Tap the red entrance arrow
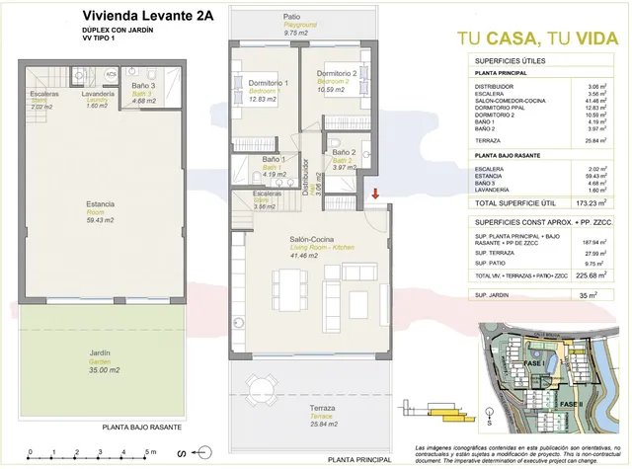point(375,194)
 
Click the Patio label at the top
point(291,17)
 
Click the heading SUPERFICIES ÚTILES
point(508,60)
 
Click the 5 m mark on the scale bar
point(148,451)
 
